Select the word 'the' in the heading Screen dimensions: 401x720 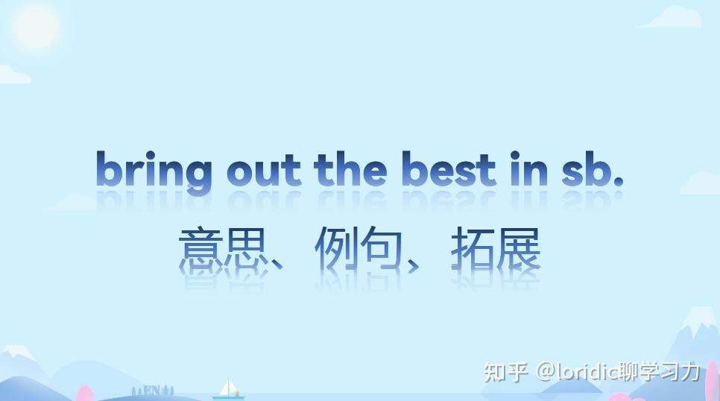[350, 169]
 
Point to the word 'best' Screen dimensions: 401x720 [448, 169]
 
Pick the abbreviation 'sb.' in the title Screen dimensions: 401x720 [592, 169]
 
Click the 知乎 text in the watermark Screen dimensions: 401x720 [506, 370]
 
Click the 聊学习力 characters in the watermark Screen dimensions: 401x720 [660, 370]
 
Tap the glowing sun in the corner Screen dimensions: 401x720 [36, 28]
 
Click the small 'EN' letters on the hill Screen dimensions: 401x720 [152, 390]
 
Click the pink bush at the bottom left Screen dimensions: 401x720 [84, 394]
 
